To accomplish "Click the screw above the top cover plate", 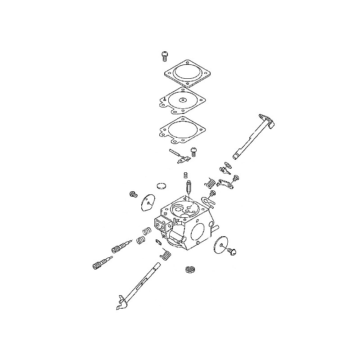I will point(165,55).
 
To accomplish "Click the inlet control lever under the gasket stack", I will point(178,155).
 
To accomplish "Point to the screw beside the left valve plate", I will point(133,194).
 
